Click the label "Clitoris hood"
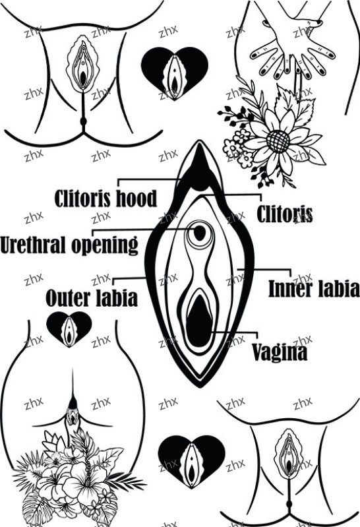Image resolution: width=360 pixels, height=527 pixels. pyautogui.click(x=105, y=199)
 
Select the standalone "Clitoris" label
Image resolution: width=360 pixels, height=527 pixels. pyautogui.click(x=285, y=214)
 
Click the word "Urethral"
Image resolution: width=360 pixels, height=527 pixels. pyautogui.click(x=34, y=244)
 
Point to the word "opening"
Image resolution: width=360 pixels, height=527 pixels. pyautogui.click(x=105, y=245)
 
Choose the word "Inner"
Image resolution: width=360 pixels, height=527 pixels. pyautogui.click(x=289, y=288)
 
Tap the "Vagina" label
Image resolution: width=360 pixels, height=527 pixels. pyautogui.click(x=280, y=352)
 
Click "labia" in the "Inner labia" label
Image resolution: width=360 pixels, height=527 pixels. pyautogui.click(x=337, y=288)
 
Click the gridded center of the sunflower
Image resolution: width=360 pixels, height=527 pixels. pyautogui.click(x=278, y=141)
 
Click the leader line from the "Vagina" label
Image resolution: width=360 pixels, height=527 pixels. pyautogui.click(x=235, y=332)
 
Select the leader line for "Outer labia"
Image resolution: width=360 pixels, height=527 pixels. pyautogui.click(x=128, y=278)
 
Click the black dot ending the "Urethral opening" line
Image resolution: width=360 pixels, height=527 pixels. pyautogui.click(x=200, y=233)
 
